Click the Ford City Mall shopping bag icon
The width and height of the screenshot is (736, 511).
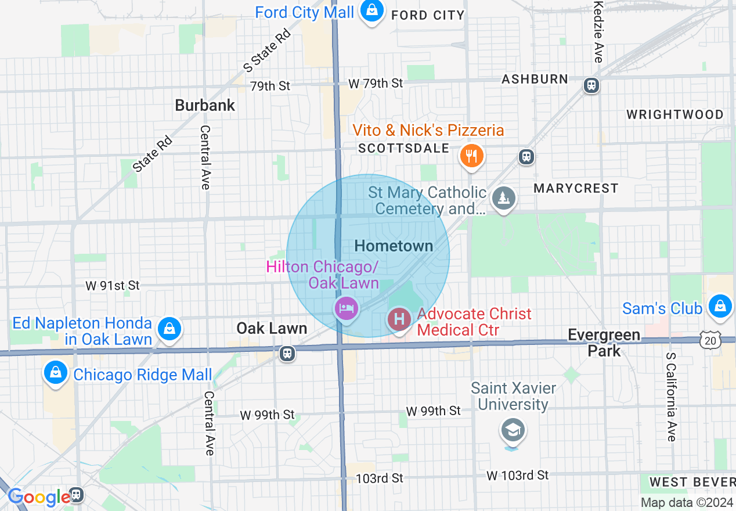tap(371, 10)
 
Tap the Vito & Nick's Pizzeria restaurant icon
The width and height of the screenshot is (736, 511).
tap(472, 156)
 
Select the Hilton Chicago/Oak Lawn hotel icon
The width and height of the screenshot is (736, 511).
tap(346, 308)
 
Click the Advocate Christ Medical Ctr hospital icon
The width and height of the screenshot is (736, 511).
tap(399, 319)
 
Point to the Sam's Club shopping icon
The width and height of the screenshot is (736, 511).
tap(720, 305)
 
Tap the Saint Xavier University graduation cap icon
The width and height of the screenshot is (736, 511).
tap(514, 430)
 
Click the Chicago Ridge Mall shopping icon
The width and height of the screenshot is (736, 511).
tap(55, 372)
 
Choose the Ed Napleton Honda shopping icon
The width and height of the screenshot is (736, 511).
tap(169, 328)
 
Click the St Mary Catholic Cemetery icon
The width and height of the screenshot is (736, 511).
tap(504, 199)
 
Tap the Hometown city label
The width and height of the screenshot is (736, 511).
tap(394, 246)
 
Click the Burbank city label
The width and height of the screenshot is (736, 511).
tap(205, 105)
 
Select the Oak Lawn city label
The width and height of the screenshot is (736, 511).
tap(272, 328)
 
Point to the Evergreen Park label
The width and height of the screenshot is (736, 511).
tap(604, 343)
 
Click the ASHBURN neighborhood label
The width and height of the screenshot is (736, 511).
tap(535, 79)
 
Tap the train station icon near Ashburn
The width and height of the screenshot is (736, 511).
tap(591, 85)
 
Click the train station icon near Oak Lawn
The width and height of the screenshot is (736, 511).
tap(287, 353)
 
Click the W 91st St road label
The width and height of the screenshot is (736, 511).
tap(113, 285)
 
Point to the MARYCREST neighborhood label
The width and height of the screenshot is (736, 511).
tap(576, 188)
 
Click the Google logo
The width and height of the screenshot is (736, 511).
tap(39, 497)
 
